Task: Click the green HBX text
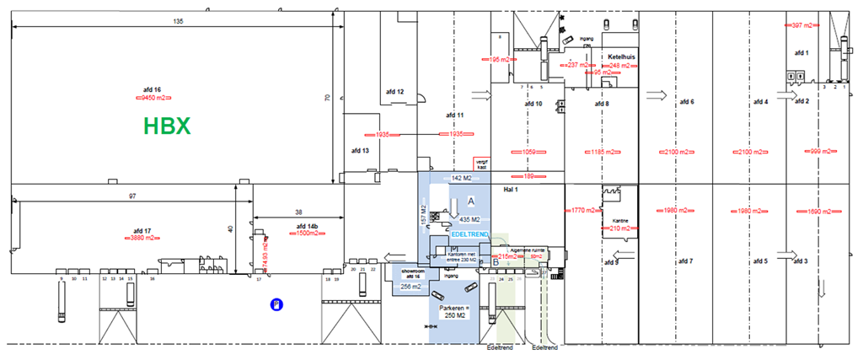167,126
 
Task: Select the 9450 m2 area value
152,99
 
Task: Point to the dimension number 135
178,20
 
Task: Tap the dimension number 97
132,196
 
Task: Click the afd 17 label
142,230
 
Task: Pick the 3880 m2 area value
142,239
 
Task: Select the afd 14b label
307,227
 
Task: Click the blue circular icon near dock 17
275,304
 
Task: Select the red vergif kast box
481,164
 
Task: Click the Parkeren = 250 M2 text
453,312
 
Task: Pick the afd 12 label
395,92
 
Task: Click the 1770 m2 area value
584,210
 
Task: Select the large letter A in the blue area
472,201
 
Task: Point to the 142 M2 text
461,179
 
